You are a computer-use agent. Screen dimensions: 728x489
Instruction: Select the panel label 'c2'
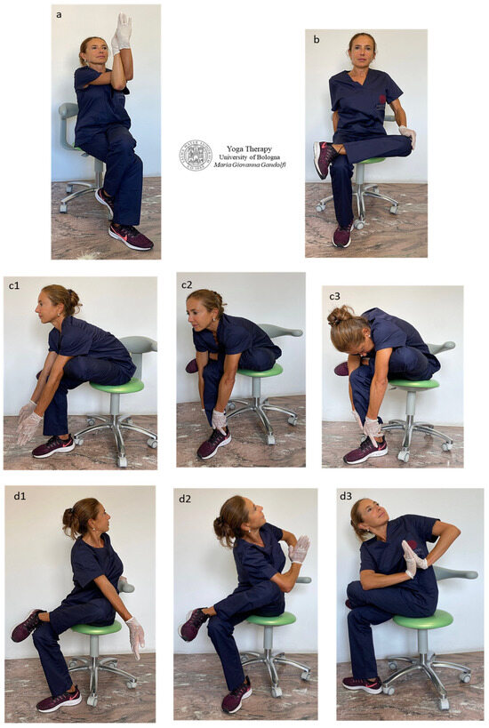click(186, 284)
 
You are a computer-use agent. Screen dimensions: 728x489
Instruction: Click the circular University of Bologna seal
click(196, 155)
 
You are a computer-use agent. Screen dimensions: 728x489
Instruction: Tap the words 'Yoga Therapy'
click(251, 148)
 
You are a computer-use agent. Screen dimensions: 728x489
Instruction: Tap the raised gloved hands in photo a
click(122, 32)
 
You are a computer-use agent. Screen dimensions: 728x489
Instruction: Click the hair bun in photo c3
click(338, 316)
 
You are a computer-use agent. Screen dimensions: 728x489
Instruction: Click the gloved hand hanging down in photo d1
click(135, 633)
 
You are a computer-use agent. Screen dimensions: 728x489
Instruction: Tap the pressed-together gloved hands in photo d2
click(300, 548)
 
